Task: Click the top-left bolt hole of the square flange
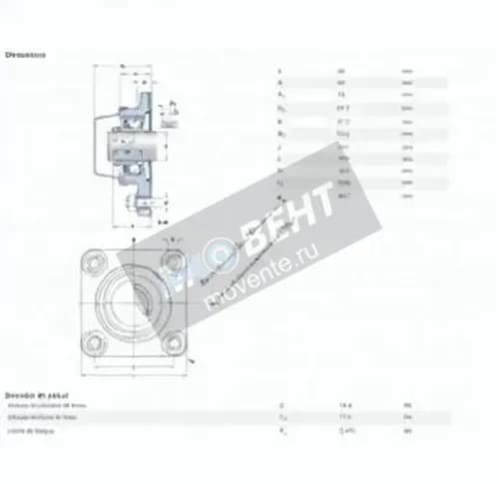pyautogui.click(x=93, y=263)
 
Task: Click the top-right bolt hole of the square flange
pyautogui.click(x=177, y=261)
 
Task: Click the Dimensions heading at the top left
pyautogui.click(x=26, y=56)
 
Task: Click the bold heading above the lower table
pyautogui.click(x=29, y=394)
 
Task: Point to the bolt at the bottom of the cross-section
pyautogui.click(x=134, y=211)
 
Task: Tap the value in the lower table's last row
pyautogui.click(x=347, y=430)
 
